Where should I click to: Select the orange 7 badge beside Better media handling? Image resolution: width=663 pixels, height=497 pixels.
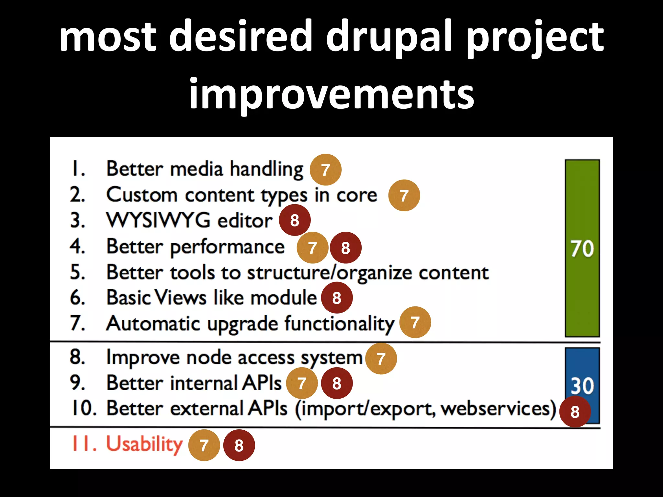tap(325, 170)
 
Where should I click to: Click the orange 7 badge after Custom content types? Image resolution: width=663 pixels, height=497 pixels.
tap(404, 195)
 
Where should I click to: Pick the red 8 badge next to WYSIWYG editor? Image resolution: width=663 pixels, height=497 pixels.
tap(295, 220)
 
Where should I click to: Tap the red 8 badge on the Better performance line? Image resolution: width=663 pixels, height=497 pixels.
tap(345, 248)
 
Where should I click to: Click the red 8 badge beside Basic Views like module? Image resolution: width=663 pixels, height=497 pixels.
tap(337, 298)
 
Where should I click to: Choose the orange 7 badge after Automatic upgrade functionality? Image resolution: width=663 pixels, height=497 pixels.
tap(415, 322)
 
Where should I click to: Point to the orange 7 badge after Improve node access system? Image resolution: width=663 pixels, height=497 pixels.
tap(381, 359)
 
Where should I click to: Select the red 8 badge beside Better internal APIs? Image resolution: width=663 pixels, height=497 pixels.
tap(337, 383)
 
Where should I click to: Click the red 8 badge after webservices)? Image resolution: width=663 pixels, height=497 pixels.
tap(575, 412)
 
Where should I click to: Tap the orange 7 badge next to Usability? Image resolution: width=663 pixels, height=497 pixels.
tap(204, 445)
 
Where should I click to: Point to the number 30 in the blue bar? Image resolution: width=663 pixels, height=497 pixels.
tap(582, 386)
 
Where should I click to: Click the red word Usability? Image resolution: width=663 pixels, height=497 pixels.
tap(144, 444)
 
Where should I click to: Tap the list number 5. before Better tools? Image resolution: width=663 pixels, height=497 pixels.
tap(78, 272)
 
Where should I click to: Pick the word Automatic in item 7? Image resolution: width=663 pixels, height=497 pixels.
tap(153, 324)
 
